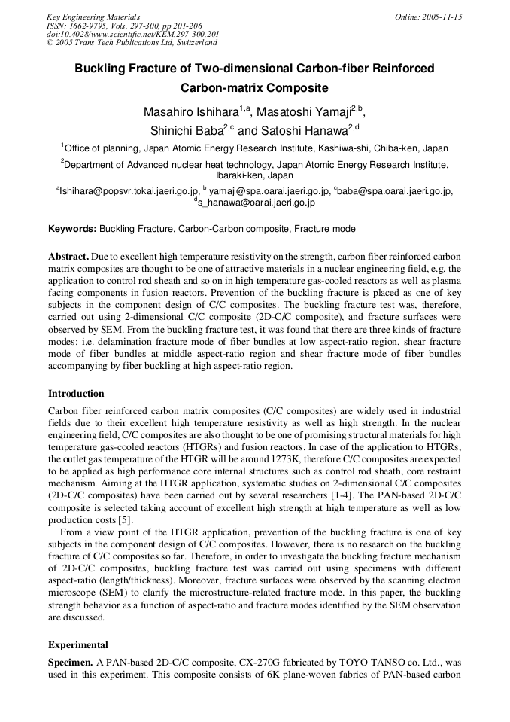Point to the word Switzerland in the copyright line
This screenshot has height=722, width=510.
[196, 43]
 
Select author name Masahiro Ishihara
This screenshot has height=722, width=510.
[190, 112]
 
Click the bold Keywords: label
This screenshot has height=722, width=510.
[72, 228]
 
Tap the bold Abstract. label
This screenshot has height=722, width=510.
[70, 257]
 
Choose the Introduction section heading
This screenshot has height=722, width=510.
[76, 393]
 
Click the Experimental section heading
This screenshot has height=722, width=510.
[78, 644]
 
